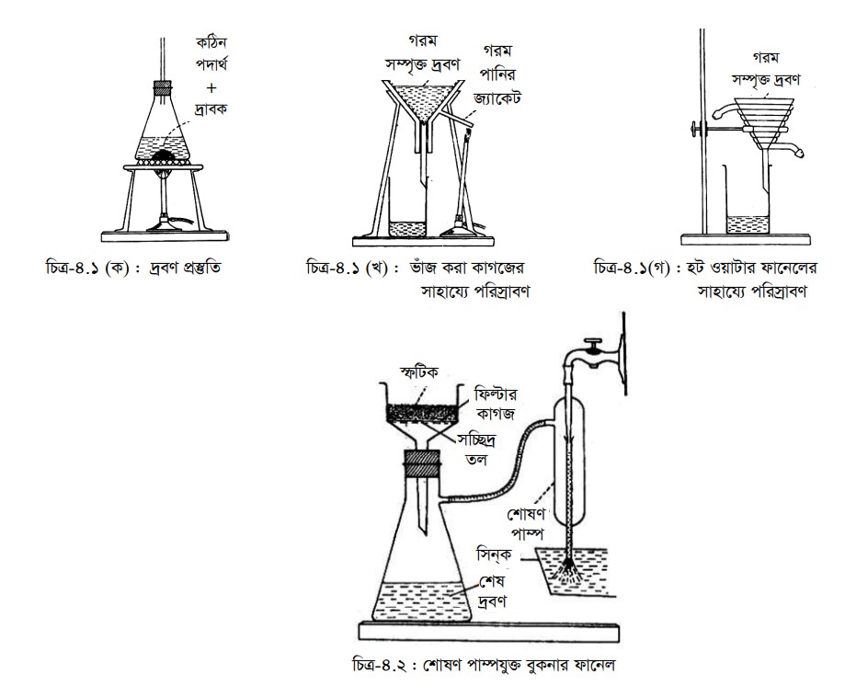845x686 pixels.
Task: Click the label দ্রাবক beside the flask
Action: point(211,109)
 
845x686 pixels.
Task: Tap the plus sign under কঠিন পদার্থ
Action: point(211,87)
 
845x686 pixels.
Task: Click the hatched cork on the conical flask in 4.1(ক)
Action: point(164,86)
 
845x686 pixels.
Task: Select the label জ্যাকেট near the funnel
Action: point(497,97)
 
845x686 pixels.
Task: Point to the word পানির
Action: point(498,74)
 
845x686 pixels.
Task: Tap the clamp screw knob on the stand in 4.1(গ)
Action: point(694,129)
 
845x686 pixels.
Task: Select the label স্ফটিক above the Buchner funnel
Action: point(418,372)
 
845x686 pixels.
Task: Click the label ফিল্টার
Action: point(496,394)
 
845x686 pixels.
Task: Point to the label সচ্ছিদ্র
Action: point(476,440)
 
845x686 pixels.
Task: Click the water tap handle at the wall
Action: point(593,343)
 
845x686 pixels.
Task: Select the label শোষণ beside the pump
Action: point(527,514)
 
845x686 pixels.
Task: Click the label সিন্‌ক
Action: point(494,554)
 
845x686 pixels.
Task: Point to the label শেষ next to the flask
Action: point(492,582)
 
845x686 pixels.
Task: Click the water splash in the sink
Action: point(567,571)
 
